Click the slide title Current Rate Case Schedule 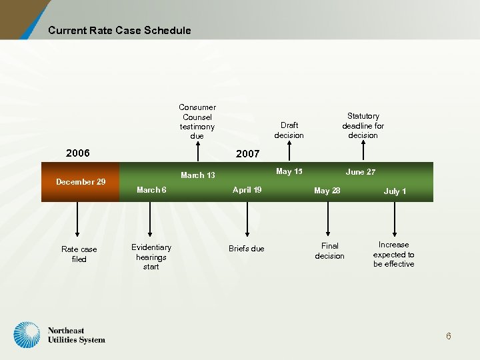119,30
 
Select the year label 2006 78,153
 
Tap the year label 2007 247,154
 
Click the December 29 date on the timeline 81,181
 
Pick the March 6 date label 151,190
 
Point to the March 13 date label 198,175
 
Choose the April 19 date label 247,190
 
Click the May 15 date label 289,172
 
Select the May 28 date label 327,191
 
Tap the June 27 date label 361,172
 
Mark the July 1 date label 395,191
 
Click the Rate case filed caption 79,254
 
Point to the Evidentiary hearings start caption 151,257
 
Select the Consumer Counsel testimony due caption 197,121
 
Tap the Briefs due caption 247,249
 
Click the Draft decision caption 289,130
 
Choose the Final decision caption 329,251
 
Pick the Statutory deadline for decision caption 363,125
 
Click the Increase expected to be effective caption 393,254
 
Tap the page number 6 449,336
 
